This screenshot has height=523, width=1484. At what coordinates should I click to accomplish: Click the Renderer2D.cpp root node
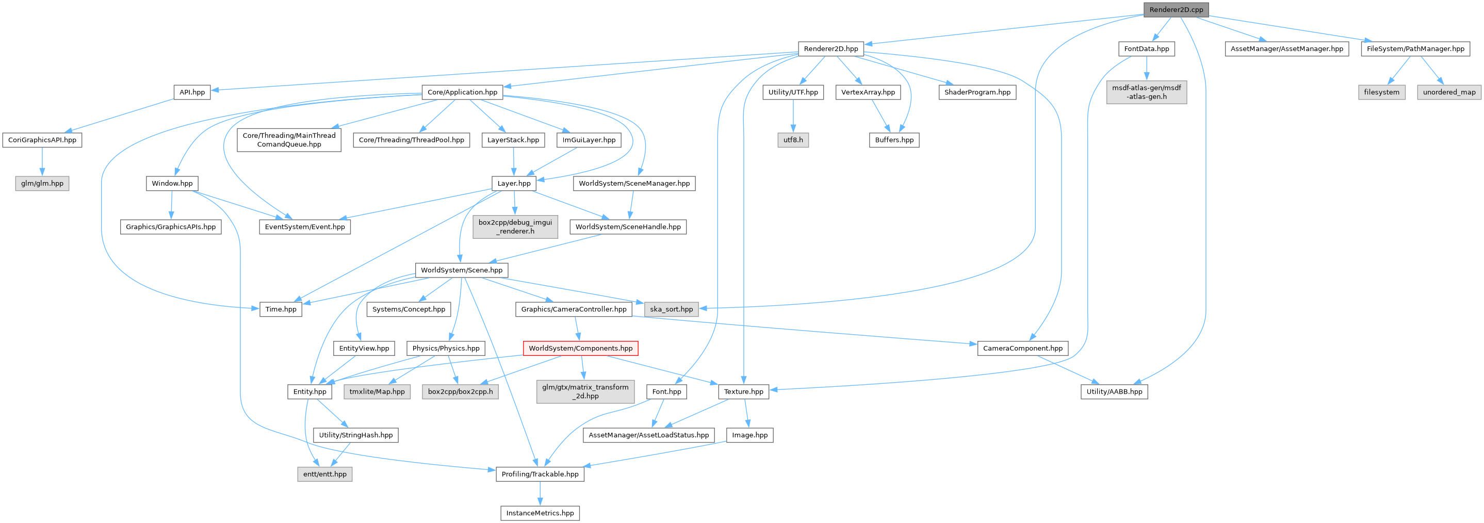[1176, 10]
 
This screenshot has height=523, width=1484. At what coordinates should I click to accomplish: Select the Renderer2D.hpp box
[830, 49]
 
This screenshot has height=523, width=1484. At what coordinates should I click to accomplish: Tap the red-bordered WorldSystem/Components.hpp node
[580, 349]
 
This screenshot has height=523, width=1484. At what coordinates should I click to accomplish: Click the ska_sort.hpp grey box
[671, 309]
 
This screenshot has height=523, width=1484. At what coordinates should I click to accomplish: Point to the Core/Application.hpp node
[462, 92]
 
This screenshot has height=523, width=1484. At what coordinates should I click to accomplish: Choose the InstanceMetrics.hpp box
[540, 513]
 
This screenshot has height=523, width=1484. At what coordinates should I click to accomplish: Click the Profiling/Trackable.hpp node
[540, 474]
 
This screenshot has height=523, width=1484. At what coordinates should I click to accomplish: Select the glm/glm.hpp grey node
[42, 184]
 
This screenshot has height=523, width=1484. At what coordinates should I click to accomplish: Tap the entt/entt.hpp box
[325, 474]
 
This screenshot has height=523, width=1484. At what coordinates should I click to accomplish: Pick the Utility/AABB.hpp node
[1114, 391]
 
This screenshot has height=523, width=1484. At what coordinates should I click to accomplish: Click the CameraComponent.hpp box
[1022, 349]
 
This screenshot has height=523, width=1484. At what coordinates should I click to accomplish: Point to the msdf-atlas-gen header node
[1147, 92]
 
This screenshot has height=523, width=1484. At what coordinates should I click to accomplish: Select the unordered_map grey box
[1449, 92]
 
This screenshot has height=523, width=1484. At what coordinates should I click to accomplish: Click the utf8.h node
[793, 140]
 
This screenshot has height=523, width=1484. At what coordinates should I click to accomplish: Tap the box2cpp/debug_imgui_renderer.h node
[515, 227]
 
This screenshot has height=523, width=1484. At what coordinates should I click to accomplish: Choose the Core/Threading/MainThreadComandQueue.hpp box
[289, 140]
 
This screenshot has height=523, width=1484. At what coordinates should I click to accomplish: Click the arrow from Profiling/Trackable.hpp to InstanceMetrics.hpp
[540, 494]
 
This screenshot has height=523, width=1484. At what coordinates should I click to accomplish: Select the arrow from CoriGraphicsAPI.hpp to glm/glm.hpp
[42, 162]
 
